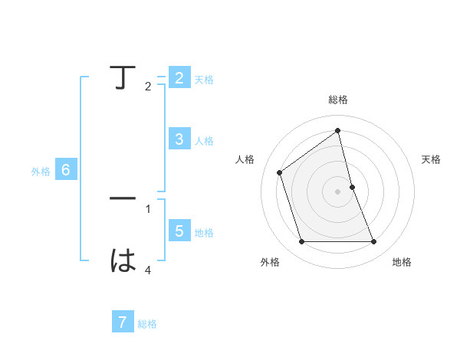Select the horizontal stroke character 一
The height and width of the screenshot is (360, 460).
tap(123, 199)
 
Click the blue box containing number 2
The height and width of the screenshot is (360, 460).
tap(179, 78)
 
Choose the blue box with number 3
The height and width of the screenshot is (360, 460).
tap(179, 139)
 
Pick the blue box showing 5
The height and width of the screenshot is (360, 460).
tap(179, 231)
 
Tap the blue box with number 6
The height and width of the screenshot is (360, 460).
tap(66, 170)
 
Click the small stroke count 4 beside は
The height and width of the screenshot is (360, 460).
tap(148, 270)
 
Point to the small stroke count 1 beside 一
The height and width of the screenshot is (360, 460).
tap(148, 208)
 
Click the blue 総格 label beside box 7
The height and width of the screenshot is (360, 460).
tap(147, 324)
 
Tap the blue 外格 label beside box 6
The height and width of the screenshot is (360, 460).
tap(41, 172)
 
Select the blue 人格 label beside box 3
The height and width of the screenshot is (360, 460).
tap(204, 141)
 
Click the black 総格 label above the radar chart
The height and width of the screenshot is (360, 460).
tap(338, 100)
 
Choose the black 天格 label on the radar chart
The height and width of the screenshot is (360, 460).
tap(431, 159)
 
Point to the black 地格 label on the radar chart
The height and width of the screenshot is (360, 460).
tap(402, 262)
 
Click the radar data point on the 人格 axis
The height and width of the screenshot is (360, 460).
tap(279, 172)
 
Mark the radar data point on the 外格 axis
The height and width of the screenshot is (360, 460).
tap(301, 242)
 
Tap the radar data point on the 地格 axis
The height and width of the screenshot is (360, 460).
tap(374, 242)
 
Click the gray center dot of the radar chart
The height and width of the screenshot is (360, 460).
tap(338, 191)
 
